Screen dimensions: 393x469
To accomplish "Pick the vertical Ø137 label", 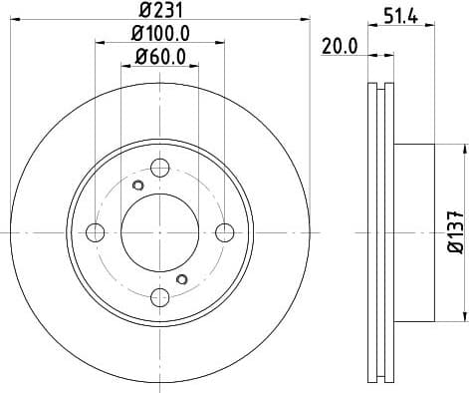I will tap(454, 231).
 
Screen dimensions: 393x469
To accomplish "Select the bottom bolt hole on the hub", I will tap(160, 296).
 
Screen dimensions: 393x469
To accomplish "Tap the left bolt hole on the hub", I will tap(97, 232).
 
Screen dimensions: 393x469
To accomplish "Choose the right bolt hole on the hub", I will tap(224, 232).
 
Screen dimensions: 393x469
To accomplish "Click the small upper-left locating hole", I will tap(138, 186).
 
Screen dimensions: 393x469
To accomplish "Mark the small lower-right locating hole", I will tap(181, 279).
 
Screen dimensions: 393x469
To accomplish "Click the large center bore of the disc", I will tap(160, 232).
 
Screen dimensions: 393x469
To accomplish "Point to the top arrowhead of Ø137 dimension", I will tap(464, 149).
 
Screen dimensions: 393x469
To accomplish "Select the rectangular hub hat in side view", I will tap(415, 232).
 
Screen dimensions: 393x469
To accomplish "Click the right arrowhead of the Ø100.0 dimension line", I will tap(221, 43).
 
